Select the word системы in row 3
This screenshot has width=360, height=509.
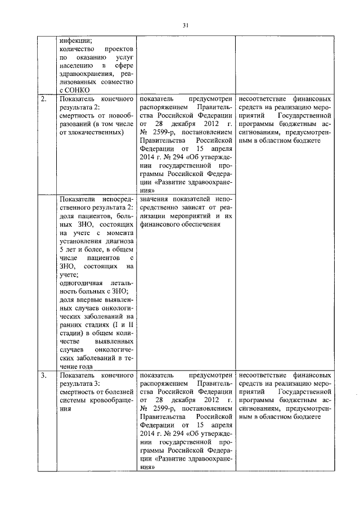[x=73, y=400]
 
